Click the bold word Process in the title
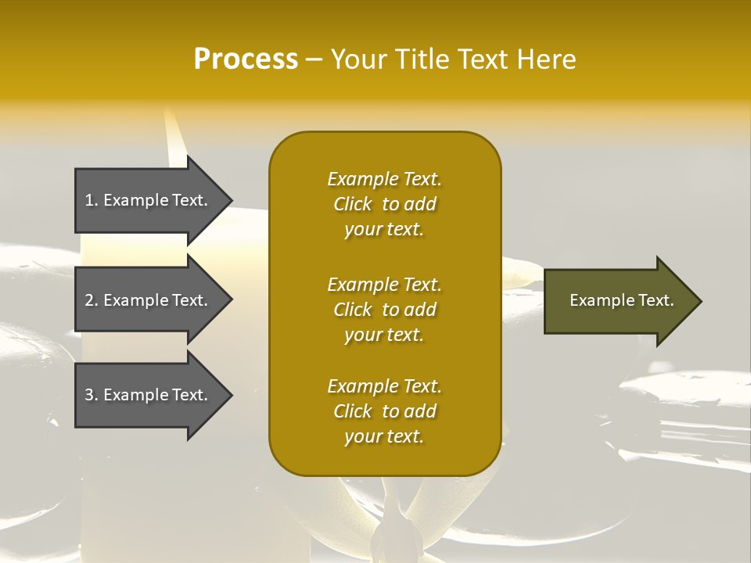tap(246, 59)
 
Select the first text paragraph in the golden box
tap(384, 204)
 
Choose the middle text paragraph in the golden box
tap(384, 310)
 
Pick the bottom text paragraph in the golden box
tap(384, 411)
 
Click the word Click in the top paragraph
tap(353, 204)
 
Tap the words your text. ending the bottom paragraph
tap(384, 436)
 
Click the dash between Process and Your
tap(314, 59)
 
